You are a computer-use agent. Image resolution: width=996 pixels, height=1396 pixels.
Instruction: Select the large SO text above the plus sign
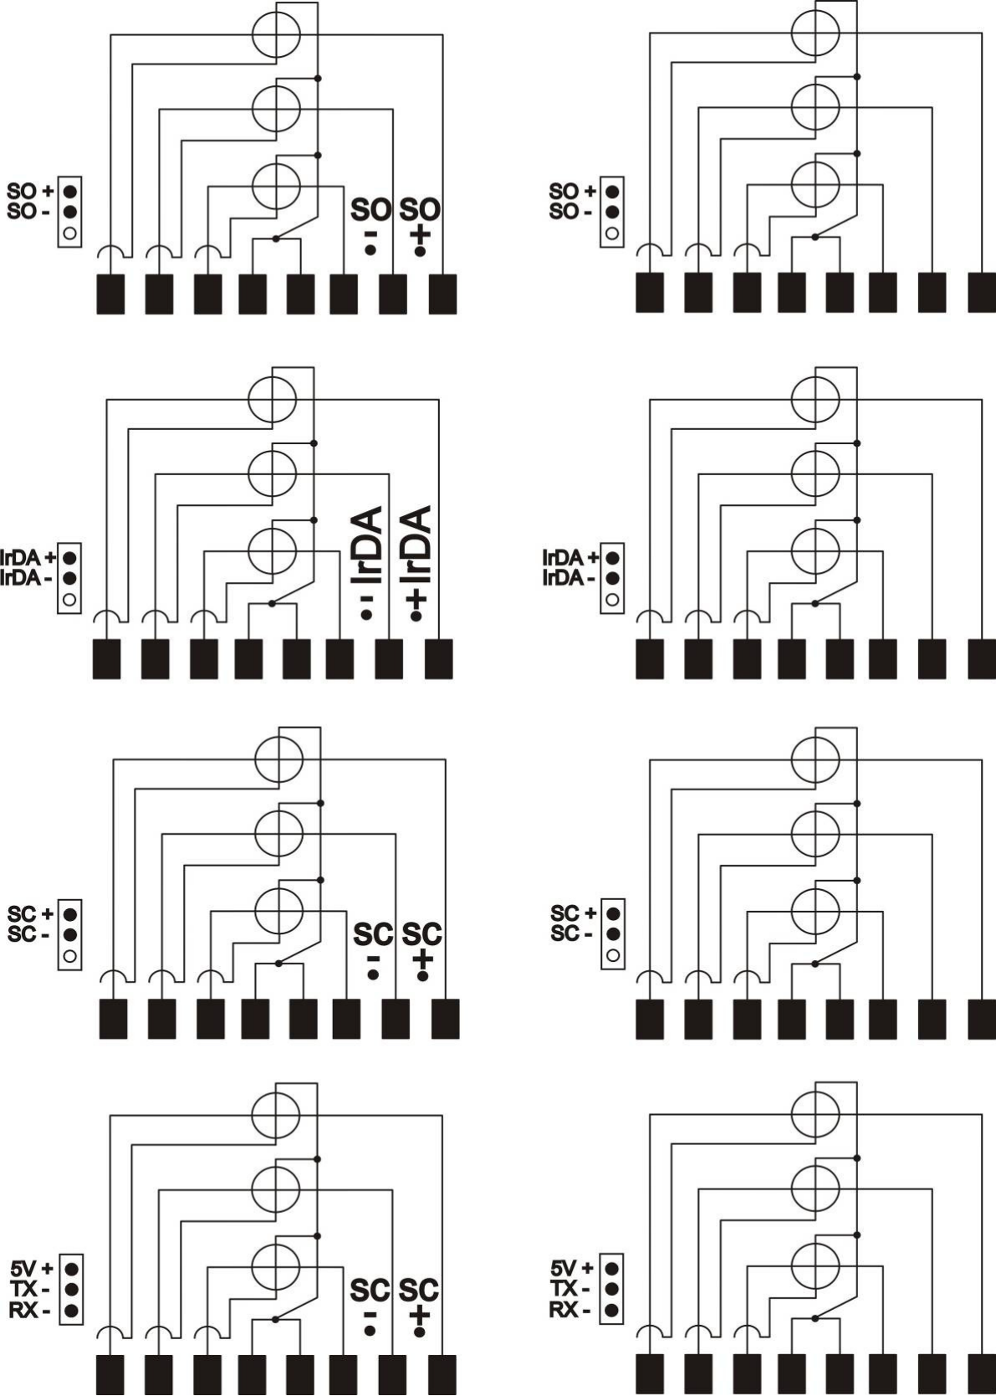click(420, 211)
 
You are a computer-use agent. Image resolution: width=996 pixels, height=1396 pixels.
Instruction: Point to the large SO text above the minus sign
click(370, 211)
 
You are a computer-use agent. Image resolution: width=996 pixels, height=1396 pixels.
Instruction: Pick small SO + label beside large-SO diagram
click(31, 190)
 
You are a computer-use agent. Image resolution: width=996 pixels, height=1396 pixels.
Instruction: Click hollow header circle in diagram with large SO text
click(69, 233)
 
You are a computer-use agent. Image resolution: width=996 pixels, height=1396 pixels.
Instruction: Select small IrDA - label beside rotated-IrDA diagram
click(28, 578)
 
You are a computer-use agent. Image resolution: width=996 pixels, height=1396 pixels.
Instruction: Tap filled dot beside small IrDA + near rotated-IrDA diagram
click(69, 555)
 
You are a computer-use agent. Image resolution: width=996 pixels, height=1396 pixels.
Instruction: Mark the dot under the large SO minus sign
click(370, 251)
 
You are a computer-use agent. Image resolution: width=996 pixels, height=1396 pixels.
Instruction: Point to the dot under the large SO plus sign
click(420, 251)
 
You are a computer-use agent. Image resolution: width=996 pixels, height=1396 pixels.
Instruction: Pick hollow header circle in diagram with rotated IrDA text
click(69, 600)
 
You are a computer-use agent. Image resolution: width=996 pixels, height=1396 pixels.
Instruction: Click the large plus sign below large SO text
click(421, 235)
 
